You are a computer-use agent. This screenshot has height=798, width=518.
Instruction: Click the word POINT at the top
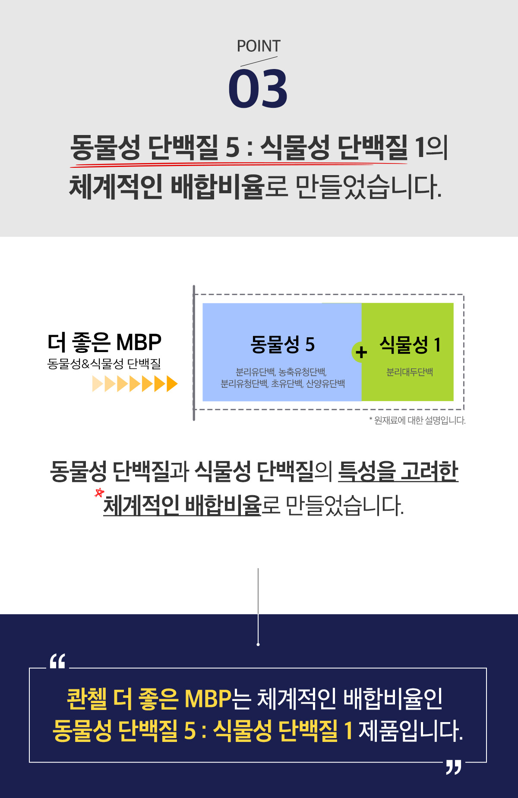click(259, 46)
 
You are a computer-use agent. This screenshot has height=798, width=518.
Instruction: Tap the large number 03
click(258, 89)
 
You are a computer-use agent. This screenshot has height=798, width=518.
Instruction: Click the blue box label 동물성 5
click(283, 344)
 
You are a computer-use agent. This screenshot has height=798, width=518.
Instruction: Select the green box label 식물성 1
click(410, 344)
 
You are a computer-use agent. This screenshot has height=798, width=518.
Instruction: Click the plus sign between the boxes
click(361, 352)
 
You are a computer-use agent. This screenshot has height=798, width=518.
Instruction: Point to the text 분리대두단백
click(410, 372)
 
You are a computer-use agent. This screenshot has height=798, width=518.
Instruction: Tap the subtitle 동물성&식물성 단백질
click(104, 364)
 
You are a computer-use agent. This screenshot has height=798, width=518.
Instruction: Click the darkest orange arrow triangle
click(172, 383)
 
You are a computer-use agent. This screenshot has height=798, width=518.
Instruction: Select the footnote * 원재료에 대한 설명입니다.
click(417, 420)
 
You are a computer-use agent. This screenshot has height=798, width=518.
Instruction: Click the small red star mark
click(99, 492)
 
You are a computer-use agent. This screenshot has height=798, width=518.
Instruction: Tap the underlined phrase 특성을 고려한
click(398, 471)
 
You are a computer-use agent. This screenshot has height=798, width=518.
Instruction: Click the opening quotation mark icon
click(57, 661)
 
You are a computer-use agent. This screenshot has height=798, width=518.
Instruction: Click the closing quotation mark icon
click(454, 767)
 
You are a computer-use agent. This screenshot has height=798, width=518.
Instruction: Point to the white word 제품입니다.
click(411, 731)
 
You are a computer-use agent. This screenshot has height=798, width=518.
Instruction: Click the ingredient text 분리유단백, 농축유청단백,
click(281, 371)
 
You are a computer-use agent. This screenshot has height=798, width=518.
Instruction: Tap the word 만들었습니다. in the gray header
click(369, 187)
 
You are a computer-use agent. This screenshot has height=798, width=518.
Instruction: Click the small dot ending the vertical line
click(258, 644)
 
